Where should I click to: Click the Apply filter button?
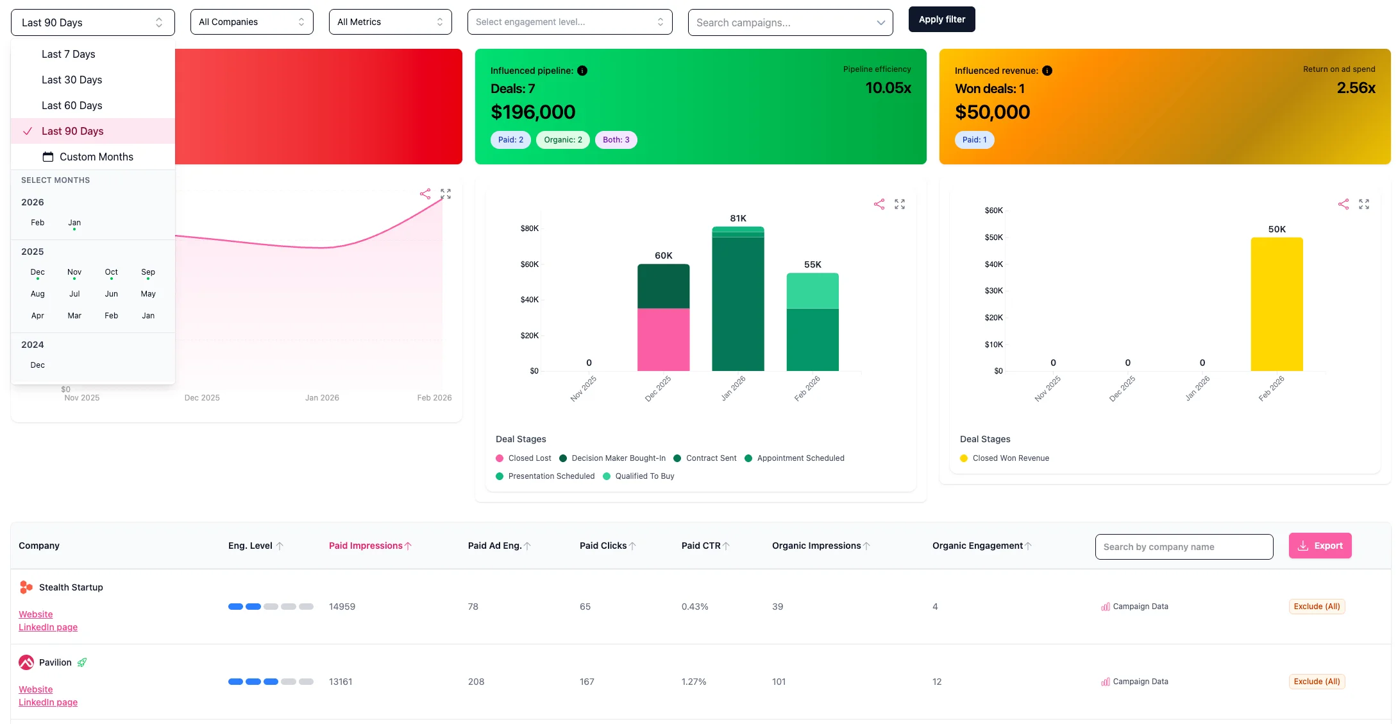click(x=941, y=19)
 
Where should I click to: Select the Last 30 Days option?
click(x=72, y=80)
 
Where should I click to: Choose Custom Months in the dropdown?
click(x=96, y=157)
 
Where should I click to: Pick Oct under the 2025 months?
click(x=111, y=272)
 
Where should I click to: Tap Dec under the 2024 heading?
click(x=38, y=365)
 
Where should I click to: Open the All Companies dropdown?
click(x=251, y=22)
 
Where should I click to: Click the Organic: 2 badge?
click(x=562, y=140)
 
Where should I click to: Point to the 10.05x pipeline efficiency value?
click(x=888, y=88)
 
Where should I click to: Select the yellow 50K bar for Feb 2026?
click(x=1276, y=304)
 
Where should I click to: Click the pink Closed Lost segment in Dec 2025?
click(x=663, y=340)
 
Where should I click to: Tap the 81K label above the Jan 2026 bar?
click(x=738, y=218)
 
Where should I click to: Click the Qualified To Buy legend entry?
click(x=644, y=476)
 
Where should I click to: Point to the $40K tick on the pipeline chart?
click(x=529, y=300)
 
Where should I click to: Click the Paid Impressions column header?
click(x=366, y=546)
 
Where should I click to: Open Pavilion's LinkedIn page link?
click(x=48, y=702)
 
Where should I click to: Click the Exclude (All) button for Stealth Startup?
click(x=1317, y=607)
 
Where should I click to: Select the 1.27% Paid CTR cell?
click(x=694, y=682)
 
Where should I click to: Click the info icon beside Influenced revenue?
click(x=1047, y=71)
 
